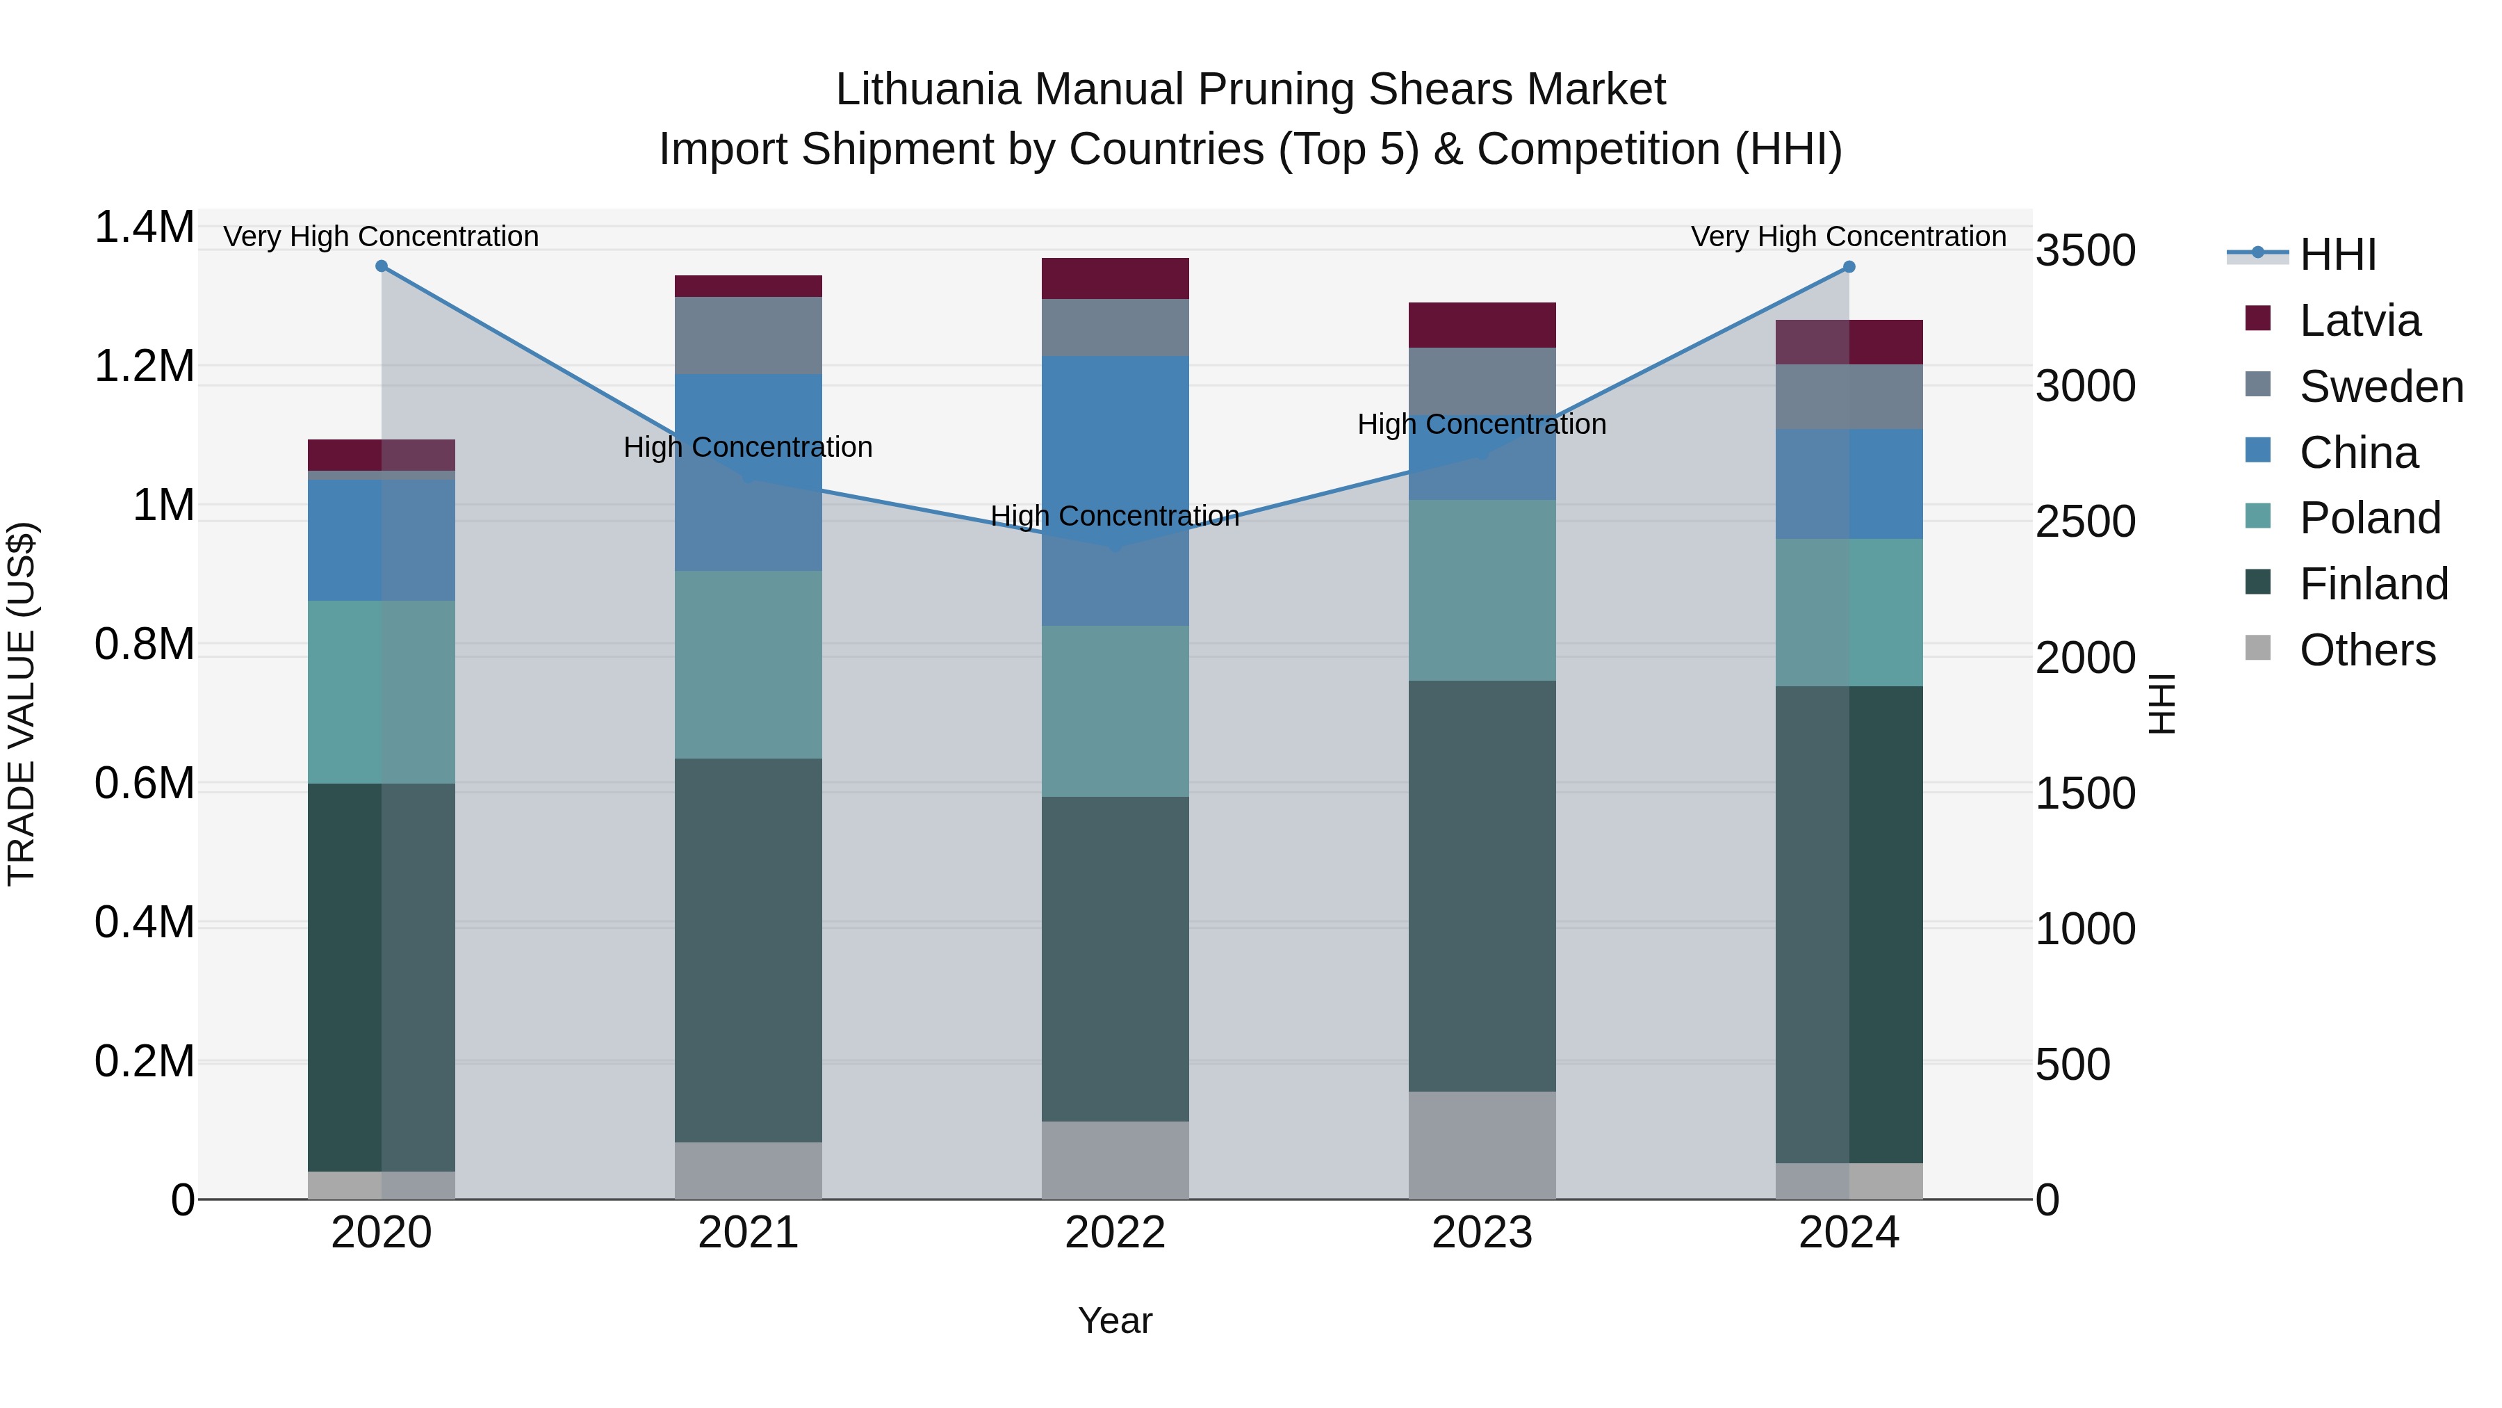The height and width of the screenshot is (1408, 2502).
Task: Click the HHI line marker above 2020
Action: (x=382, y=266)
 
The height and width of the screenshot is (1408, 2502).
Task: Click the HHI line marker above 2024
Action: (x=1848, y=266)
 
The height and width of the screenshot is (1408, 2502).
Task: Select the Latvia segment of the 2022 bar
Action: (x=1115, y=278)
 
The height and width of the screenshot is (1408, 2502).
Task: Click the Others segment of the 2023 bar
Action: (x=1482, y=1144)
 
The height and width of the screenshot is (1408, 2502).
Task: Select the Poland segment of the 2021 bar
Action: (x=748, y=664)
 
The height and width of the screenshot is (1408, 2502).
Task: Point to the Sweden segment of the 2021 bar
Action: (x=748, y=335)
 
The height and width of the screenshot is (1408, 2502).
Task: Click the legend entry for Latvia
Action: (x=2360, y=321)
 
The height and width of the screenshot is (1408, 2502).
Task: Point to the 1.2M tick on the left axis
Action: (x=144, y=366)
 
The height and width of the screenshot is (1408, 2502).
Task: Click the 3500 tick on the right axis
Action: (x=2085, y=251)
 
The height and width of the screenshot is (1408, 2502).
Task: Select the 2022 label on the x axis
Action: (x=1115, y=1233)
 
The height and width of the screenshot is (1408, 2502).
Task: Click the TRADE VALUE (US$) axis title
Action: (x=22, y=704)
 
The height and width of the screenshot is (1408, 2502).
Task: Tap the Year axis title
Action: (x=1115, y=1320)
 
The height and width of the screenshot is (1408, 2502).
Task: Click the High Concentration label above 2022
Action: (x=1115, y=516)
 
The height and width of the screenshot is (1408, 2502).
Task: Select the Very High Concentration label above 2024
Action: (x=1848, y=236)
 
